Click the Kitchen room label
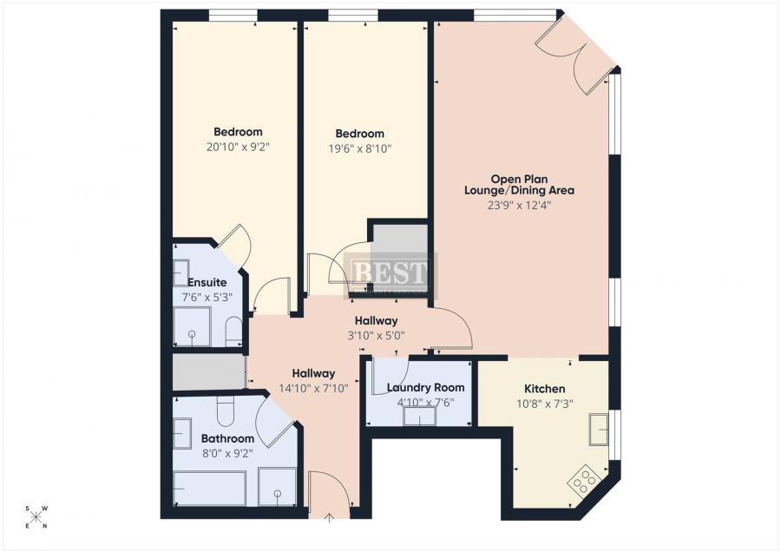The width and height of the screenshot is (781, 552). [544, 389]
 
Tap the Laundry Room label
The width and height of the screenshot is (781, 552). [425, 388]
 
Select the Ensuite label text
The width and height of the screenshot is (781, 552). [207, 282]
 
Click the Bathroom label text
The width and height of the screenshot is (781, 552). [227, 438]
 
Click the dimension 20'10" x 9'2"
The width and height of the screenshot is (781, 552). [238, 148]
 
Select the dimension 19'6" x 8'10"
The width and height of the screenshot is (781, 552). [359, 148]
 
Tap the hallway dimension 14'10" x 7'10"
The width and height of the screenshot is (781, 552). [315, 388]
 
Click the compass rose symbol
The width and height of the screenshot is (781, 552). [36, 516]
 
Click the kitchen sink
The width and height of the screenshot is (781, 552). [599, 429]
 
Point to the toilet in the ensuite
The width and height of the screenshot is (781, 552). [233, 331]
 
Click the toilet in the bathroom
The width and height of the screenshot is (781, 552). [226, 412]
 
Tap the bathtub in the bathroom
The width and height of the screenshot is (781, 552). [209, 488]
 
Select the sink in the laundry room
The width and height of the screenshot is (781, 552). [419, 417]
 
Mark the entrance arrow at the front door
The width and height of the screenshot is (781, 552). [329, 519]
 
